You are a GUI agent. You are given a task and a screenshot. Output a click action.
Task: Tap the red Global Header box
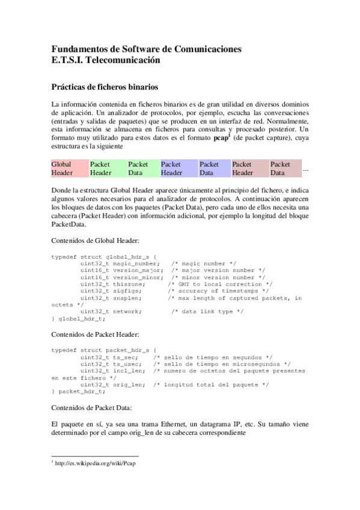coord(69,168)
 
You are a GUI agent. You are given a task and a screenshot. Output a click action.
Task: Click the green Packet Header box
coord(107,168)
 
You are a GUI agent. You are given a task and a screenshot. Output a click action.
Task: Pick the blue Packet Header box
coord(178,168)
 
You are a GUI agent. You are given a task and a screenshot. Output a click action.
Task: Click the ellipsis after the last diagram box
coord(306,170)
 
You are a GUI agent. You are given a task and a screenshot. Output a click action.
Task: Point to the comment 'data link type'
coord(211,311)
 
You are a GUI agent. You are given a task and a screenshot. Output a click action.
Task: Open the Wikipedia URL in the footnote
coord(93,464)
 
